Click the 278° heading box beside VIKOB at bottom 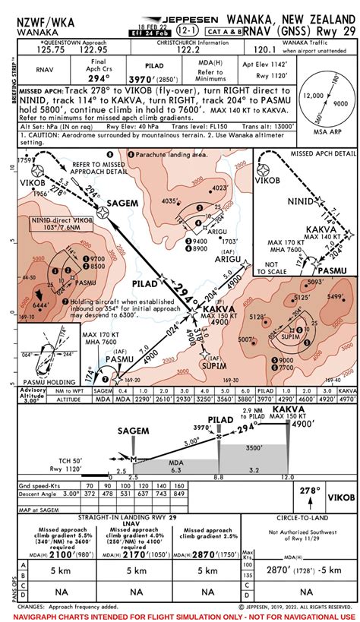(307, 491)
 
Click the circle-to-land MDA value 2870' (283, 568)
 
